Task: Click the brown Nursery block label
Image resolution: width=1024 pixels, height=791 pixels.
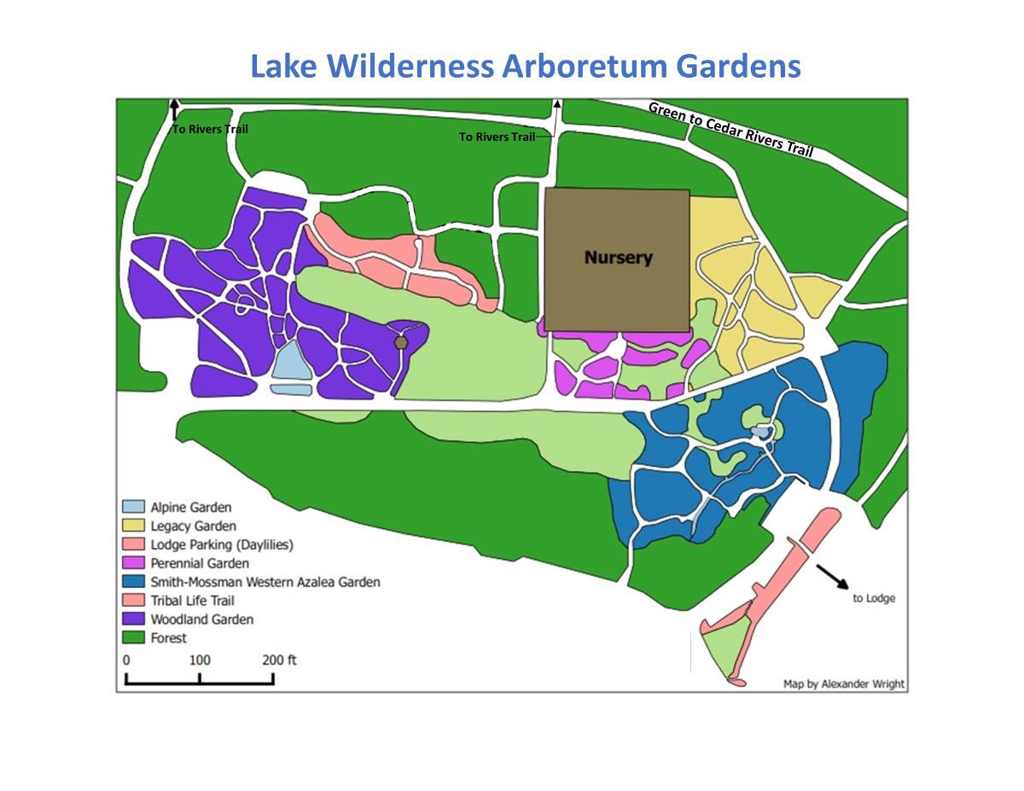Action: (x=618, y=257)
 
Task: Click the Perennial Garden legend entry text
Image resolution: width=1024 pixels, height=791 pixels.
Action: (x=200, y=563)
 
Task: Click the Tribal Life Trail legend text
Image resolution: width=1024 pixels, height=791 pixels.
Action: (x=192, y=601)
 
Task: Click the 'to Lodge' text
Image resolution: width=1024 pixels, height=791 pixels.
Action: (x=874, y=599)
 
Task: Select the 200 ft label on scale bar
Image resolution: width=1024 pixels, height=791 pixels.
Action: (x=280, y=660)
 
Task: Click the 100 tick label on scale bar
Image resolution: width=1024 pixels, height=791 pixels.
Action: (x=199, y=660)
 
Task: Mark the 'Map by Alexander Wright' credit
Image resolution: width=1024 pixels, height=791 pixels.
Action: (x=843, y=683)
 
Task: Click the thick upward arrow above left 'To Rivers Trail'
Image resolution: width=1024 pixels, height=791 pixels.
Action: (x=174, y=110)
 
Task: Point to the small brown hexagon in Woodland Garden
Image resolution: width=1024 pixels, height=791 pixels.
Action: (x=401, y=342)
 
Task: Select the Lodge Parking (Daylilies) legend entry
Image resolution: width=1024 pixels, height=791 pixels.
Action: (x=222, y=544)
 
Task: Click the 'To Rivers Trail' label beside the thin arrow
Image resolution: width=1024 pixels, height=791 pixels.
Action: (x=497, y=137)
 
